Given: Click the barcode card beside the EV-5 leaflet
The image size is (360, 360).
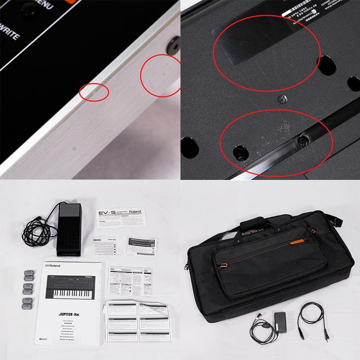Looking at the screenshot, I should (141, 243).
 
